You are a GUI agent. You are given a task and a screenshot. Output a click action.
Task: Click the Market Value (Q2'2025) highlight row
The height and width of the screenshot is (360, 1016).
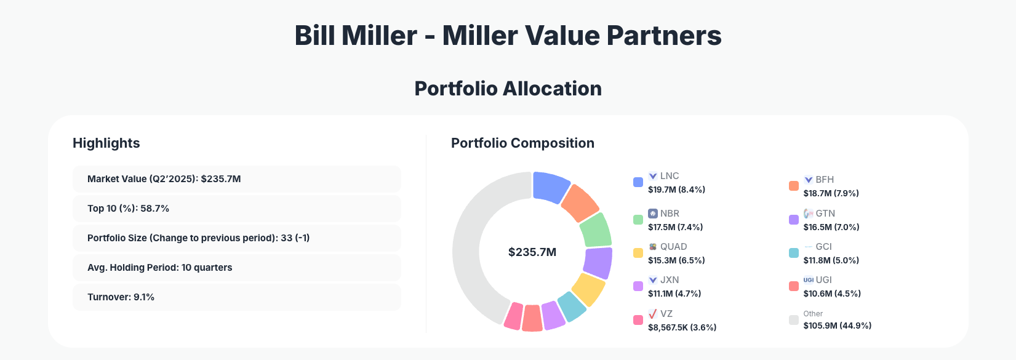pos(236,179)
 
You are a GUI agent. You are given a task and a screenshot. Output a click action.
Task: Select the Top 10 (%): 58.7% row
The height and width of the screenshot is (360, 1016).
pos(236,209)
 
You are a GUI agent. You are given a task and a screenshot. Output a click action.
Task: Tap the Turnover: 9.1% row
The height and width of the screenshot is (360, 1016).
pos(236,297)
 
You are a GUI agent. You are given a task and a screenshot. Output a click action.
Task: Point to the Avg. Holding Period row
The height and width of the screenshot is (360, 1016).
pos(236,268)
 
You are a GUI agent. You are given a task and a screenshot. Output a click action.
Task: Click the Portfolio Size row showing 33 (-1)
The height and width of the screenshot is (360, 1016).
pos(236,238)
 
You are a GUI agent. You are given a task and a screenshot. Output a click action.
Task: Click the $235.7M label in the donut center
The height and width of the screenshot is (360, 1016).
pos(532,252)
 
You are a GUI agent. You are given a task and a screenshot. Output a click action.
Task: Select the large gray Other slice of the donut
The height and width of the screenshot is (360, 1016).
pos(471,246)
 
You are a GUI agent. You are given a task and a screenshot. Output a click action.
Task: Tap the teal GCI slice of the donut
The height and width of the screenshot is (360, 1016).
pos(572,306)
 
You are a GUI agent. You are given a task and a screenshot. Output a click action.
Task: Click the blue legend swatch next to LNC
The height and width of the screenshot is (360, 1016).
pos(638,182)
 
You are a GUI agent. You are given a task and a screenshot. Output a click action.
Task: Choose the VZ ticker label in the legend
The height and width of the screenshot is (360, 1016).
pos(666,314)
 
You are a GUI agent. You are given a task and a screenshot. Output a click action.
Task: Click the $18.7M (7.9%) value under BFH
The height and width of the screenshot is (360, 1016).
pos(831,193)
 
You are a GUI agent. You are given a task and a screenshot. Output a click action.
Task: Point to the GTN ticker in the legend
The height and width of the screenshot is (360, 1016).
pos(825,214)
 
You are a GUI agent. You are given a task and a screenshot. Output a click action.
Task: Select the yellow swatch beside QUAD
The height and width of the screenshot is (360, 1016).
pos(638,253)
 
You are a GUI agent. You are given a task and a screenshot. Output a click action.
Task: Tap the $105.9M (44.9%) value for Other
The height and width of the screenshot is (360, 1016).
pos(837,326)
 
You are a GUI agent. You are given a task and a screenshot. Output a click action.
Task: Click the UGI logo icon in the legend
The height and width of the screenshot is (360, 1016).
pos(808,280)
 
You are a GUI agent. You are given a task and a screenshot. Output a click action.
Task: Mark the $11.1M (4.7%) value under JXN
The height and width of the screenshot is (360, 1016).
pos(674,294)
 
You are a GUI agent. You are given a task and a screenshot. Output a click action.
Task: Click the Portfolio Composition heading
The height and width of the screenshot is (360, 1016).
pos(522,143)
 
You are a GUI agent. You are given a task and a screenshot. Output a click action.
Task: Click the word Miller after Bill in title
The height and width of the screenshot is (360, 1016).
pos(379,36)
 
